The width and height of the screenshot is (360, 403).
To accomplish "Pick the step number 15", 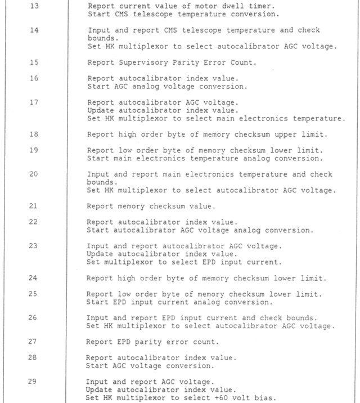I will pyautogui.click(x=34, y=62).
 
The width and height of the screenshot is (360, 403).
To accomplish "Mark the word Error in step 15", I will pyautogui.click(x=218, y=62).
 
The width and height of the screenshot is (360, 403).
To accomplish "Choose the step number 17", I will pyautogui.click(x=34, y=103).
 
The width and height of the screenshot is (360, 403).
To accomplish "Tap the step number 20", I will pyautogui.click(x=34, y=174).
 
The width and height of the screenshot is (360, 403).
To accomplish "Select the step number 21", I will pyautogui.click(x=34, y=207).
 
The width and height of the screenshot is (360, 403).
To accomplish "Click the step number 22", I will pyautogui.click(x=34, y=222).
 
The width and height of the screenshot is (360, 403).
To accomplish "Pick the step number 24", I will pyautogui.click(x=34, y=278).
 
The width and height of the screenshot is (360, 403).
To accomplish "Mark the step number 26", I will pyautogui.click(x=34, y=318).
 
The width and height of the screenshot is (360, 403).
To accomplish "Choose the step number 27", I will pyautogui.click(x=34, y=342).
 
